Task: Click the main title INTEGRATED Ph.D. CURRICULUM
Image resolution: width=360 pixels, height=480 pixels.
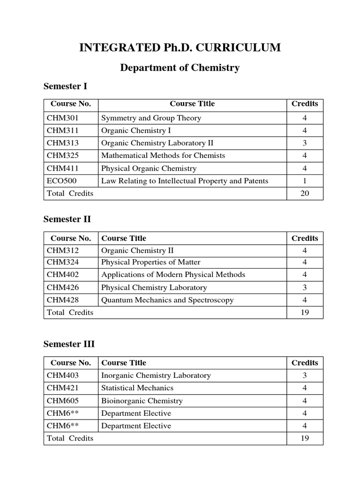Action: (180, 47)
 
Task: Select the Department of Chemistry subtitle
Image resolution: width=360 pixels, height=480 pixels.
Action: (180, 67)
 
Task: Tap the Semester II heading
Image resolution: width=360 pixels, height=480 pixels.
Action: (67, 219)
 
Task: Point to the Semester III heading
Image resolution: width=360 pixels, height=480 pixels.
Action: (69, 344)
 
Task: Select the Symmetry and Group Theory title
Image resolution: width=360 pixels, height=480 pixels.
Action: (151, 118)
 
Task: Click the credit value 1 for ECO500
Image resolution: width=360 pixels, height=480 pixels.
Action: (305, 181)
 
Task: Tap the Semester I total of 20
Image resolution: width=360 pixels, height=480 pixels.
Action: (305, 193)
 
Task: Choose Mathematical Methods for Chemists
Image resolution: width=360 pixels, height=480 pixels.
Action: (163, 156)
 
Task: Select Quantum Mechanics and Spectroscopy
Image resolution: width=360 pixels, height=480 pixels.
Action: (167, 300)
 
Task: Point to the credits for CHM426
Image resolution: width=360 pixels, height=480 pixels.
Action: (305, 287)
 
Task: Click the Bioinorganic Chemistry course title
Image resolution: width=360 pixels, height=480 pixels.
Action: (142, 401)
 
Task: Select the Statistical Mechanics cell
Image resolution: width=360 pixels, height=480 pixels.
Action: (137, 388)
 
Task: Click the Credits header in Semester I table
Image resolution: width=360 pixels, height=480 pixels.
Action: (305, 104)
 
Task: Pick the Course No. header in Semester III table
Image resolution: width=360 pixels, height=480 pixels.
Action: (71, 363)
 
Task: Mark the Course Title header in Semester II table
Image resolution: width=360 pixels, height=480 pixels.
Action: (124, 238)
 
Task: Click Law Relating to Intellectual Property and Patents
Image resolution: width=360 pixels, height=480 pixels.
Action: (185, 181)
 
